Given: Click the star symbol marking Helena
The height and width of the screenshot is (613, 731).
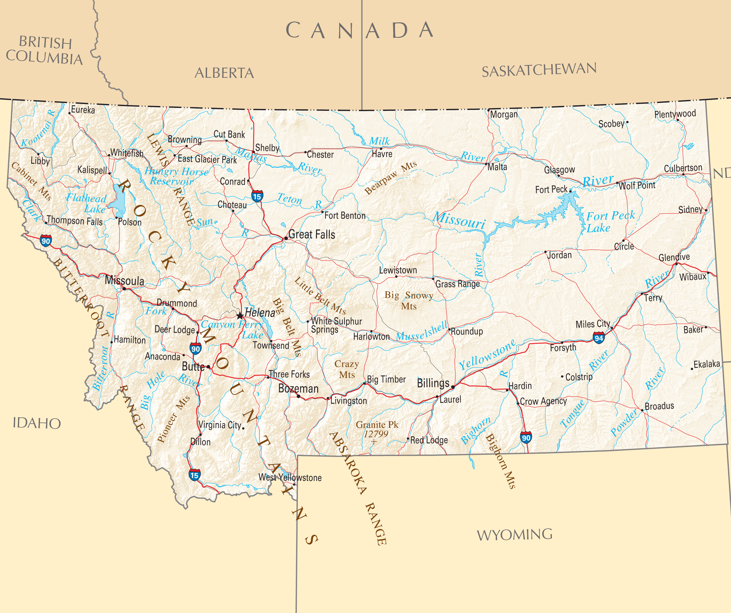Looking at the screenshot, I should click(x=240, y=316).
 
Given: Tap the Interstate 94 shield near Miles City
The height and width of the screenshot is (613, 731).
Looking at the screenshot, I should click(x=599, y=338).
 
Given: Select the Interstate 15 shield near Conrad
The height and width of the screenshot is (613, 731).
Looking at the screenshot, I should click(x=257, y=196).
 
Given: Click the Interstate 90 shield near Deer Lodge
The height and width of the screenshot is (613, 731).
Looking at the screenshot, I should click(x=195, y=348).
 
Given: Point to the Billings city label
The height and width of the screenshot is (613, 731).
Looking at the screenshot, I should click(x=433, y=383).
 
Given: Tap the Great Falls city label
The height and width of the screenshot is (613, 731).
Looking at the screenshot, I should click(x=312, y=235).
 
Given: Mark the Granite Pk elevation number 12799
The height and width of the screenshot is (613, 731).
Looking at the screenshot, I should click(x=376, y=434).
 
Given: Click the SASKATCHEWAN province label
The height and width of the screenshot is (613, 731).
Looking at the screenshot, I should click(x=539, y=70).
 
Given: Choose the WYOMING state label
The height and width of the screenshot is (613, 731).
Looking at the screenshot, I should click(x=514, y=535).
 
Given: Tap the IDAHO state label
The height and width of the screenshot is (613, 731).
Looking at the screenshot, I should click(x=37, y=423).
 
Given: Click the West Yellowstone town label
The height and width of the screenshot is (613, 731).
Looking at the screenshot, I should click(x=290, y=477).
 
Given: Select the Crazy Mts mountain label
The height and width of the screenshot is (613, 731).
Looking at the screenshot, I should click(x=346, y=369).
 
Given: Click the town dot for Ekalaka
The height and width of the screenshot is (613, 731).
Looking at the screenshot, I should click(x=692, y=369).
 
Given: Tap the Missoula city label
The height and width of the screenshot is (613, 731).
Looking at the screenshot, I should click(x=124, y=281).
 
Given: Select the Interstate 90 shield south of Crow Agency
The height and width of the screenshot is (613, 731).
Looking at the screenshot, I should click(x=526, y=438).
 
